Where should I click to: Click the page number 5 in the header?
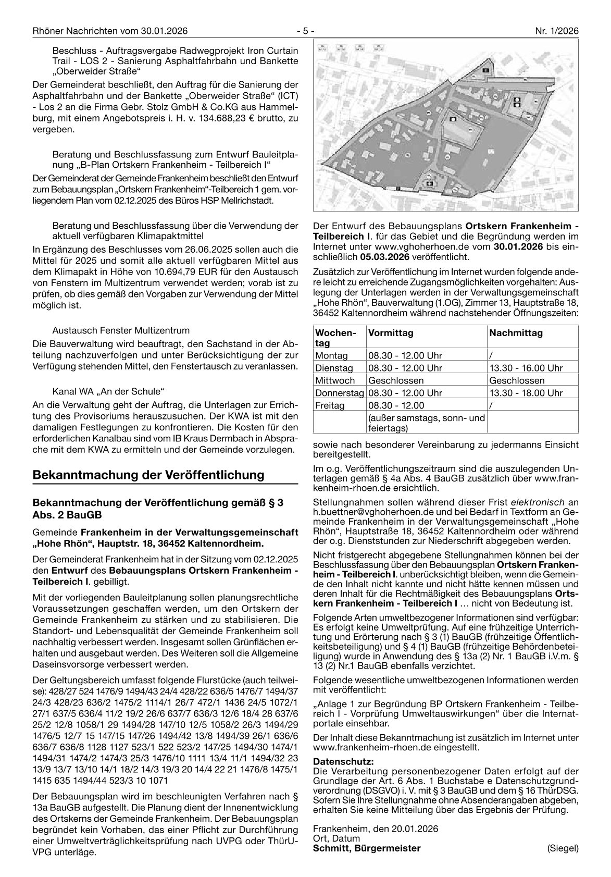coord(305,31)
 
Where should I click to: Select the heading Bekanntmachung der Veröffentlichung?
coord(148,475)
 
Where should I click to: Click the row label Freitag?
coord(330,405)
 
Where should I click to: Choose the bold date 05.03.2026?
coord(388,257)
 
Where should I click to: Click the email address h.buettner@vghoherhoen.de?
coord(370,512)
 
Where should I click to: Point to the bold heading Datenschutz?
coord(343,761)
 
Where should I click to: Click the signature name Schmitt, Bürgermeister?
coord(367,848)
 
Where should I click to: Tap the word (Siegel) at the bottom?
coord(563,848)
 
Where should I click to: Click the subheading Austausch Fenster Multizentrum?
coord(121,330)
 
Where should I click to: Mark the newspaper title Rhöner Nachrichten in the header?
coord(80,31)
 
